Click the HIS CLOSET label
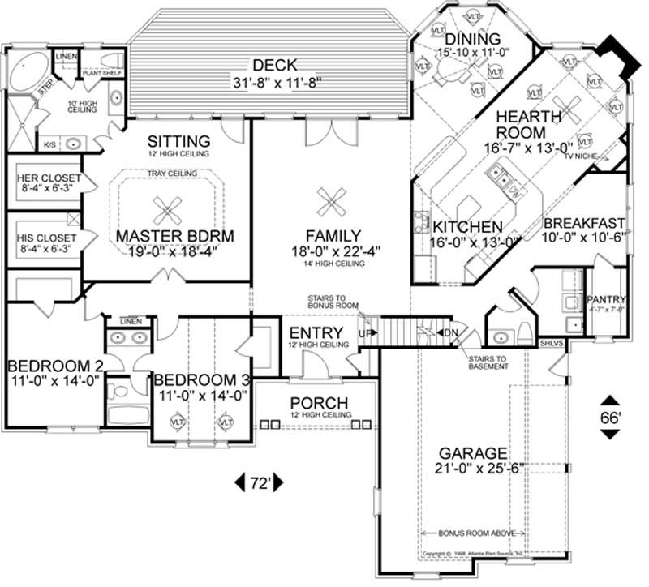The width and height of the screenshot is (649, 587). coord(49,238)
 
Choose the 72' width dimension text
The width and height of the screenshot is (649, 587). coord(260,484)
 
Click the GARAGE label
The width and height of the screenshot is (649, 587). coord(474,452)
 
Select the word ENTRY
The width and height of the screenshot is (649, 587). coord(316,333)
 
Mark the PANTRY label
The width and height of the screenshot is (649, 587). coord(606,298)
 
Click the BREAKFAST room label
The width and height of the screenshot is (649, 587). coord(584,223)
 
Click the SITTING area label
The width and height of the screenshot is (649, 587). coord(178,140)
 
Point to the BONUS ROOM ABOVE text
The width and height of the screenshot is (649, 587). coord(479,534)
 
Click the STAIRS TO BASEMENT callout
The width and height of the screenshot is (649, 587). coord(487,362)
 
